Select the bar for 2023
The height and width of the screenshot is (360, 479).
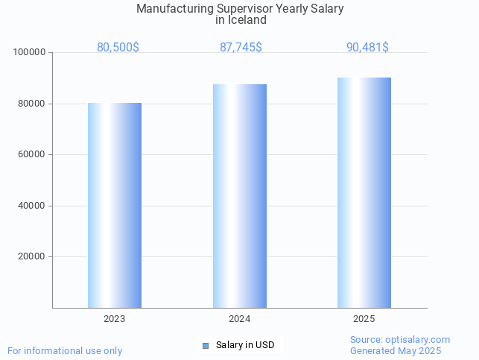115,205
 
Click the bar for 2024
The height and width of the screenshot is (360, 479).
239,196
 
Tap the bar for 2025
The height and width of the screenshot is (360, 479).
364,192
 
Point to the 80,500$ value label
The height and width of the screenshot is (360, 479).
118,47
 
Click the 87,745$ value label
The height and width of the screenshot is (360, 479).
241,47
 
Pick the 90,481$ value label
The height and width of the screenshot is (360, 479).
367,47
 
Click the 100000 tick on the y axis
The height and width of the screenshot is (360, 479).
31,52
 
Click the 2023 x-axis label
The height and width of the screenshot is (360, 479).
114,319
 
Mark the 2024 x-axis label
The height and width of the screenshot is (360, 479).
239,319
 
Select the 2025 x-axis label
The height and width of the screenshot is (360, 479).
364,319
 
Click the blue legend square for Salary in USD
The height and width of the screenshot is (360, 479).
206,345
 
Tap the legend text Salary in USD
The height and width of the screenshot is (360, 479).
245,345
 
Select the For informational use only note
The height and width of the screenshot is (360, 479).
65,350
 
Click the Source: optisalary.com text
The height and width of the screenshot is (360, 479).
400,340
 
